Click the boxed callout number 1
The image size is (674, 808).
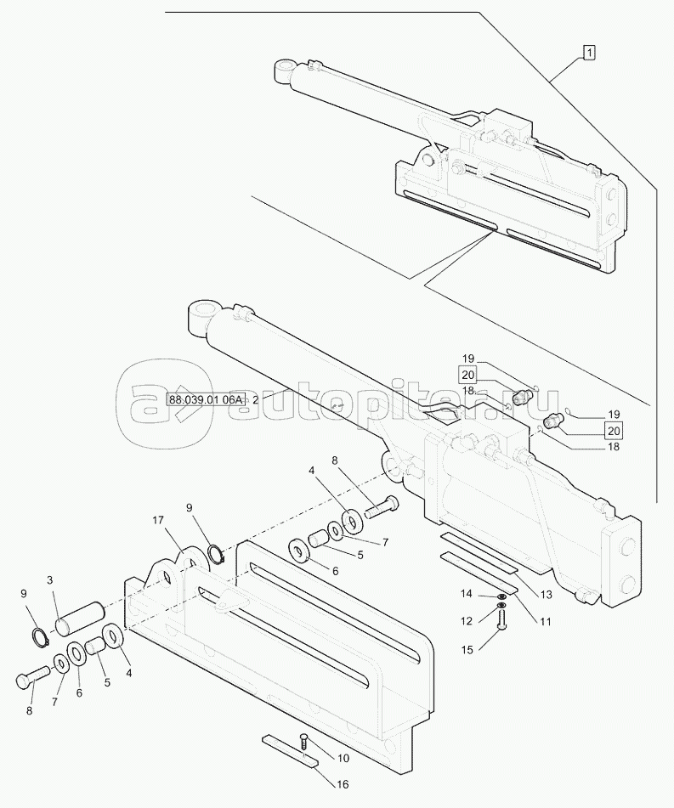coord(589,52)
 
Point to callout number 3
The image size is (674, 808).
coord(49,581)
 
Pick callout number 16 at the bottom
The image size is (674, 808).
coord(343,784)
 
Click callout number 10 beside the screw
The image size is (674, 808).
coord(343,758)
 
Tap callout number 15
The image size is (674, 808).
coord(467,650)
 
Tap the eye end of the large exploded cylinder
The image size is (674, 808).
coord(204,316)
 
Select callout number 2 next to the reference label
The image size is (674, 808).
coord(255,399)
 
